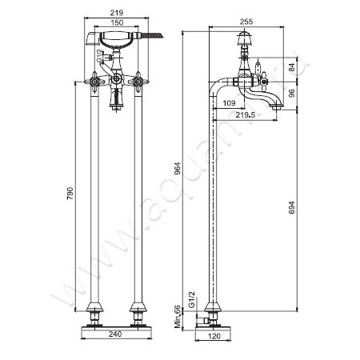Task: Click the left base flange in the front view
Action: [96, 310]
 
